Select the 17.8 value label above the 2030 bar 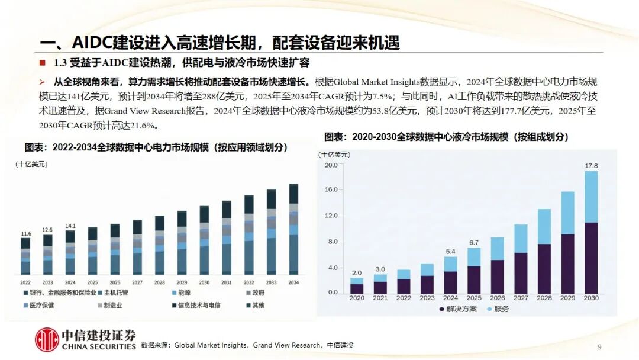(590, 165)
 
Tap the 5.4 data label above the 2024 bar (450, 251)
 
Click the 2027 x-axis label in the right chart (521, 298)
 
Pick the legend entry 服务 (497, 309)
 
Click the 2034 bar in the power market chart (293, 229)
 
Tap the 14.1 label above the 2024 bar (70, 226)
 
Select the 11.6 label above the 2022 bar (25, 233)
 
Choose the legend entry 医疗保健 (40, 306)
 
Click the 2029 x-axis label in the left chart (182, 282)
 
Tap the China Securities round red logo (46, 339)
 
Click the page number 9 (599, 347)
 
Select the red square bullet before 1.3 (42, 63)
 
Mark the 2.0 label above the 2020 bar (356, 273)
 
